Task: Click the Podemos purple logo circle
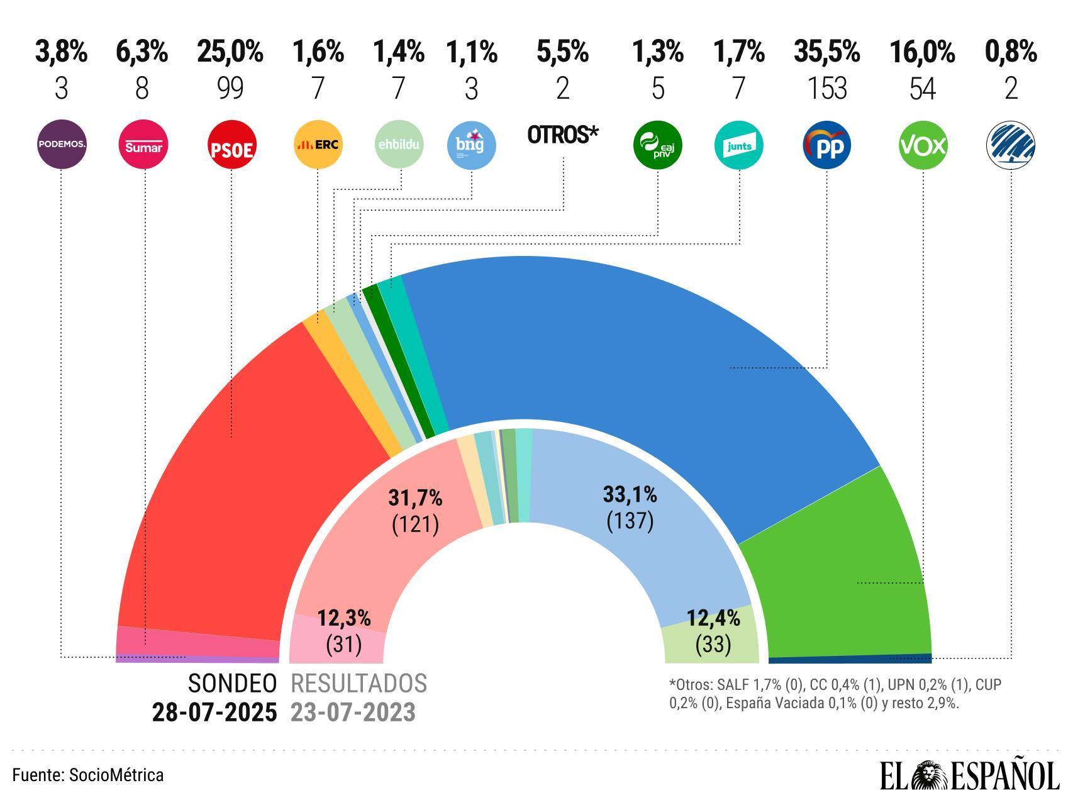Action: pos(61,145)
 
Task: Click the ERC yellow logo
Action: pos(318,145)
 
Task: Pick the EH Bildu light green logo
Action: pos(399,145)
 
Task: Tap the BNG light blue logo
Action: pos(472,145)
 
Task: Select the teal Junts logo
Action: pos(739,145)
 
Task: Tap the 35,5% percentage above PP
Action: pos(826,52)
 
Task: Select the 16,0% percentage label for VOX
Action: pos(922,52)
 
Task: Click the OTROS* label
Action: pos(563,135)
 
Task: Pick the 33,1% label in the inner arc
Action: pos(630,496)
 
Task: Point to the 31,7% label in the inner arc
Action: pos(415,499)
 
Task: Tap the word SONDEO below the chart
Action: pos(232,684)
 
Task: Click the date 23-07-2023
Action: pos(353,713)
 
